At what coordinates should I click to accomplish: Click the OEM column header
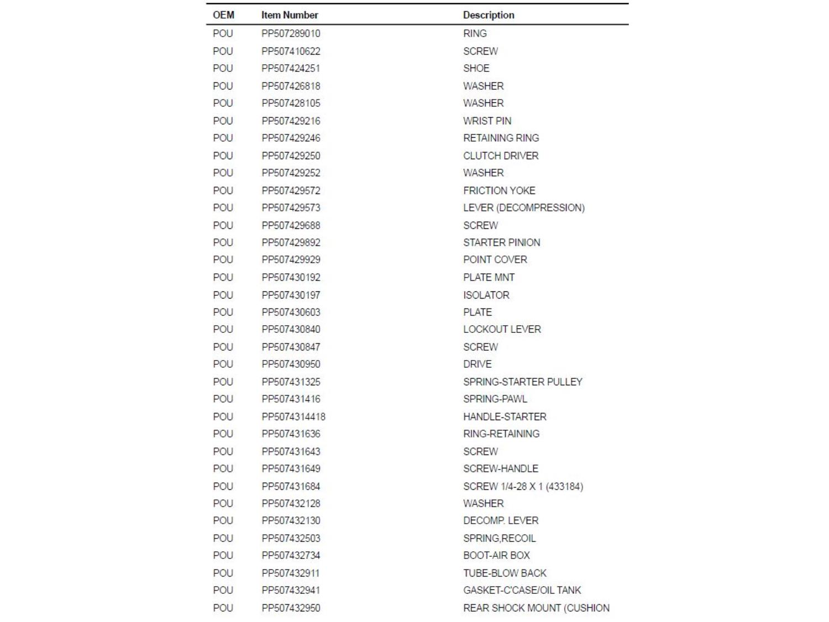coord(223,15)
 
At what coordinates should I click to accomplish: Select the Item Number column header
coord(290,15)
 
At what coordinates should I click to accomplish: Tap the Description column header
coord(489,15)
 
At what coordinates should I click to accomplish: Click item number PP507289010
coord(291,34)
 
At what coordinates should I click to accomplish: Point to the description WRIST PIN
coord(487,121)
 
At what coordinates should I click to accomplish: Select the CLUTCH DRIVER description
coord(501,155)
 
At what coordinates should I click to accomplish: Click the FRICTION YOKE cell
coord(499,190)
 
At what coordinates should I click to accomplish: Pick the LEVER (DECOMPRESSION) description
coord(523,208)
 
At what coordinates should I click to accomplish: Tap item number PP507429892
coord(291,242)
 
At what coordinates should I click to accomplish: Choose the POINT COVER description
coord(495,260)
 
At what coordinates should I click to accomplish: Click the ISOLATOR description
coord(486,295)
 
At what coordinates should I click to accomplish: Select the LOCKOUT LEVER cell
coord(502,330)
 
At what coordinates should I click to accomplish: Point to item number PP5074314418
coord(293,416)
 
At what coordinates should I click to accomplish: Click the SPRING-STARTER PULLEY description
coord(522,381)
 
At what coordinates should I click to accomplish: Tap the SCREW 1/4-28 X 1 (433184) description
coord(523,486)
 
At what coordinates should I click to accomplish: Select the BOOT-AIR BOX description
coord(496,555)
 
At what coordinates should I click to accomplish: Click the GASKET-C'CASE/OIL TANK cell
coord(522,590)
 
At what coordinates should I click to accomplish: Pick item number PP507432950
coord(291,608)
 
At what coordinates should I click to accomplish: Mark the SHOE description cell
coord(476,69)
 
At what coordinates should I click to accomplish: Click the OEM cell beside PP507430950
coord(223,364)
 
